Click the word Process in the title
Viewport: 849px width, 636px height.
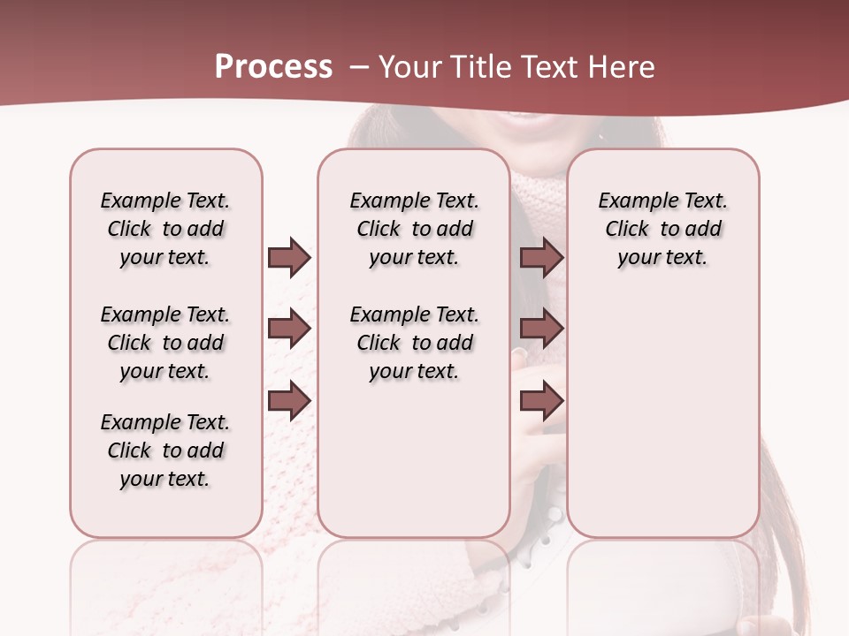(273, 67)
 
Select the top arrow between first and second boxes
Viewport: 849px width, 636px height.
(289, 257)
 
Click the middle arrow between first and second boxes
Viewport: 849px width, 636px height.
(289, 329)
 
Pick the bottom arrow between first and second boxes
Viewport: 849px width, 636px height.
(289, 401)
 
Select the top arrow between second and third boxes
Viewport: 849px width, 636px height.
(541, 257)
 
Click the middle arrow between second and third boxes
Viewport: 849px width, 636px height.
(541, 329)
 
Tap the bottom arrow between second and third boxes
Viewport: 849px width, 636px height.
(541, 401)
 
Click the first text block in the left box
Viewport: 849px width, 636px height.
(165, 229)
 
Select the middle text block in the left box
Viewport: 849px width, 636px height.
(165, 343)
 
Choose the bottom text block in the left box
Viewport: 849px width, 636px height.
(165, 450)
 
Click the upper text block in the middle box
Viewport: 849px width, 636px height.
(414, 229)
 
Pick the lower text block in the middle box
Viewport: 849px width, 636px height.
(414, 343)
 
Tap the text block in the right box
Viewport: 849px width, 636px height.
(663, 229)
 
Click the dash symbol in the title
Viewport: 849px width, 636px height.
(359, 67)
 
